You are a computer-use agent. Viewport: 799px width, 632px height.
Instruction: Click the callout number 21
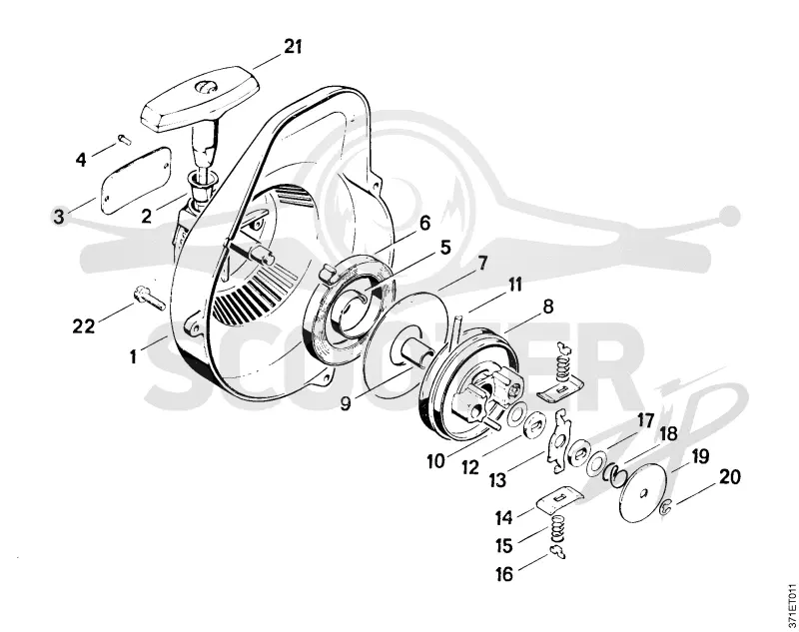tap(293, 47)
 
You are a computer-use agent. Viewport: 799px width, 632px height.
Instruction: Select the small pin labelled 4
tap(125, 139)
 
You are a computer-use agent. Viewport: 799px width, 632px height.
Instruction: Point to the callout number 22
tap(84, 325)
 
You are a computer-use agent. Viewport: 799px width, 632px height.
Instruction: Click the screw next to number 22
tap(149, 299)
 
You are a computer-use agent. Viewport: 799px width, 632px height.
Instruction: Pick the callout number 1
tap(133, 356)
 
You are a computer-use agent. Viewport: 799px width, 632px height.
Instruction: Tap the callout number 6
tap(424, 223)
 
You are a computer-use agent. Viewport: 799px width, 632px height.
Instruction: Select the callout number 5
tap(444, 248)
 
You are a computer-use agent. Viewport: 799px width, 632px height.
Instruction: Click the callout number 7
tap(481, 264)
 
